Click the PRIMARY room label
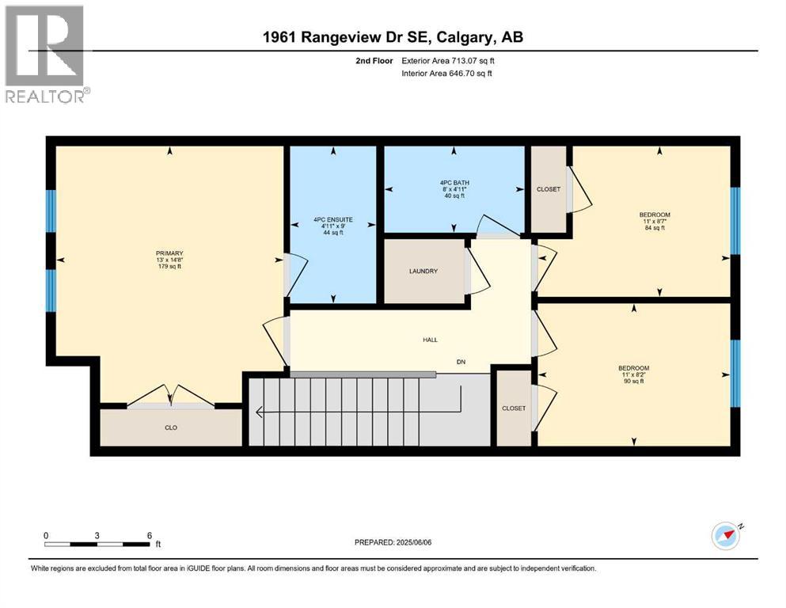click(x=169, y=260)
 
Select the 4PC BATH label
click(x=454, y=189)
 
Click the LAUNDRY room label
click(x=423, y=272)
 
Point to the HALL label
click(x=430, y=340)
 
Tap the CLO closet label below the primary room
click(x=169, y=427)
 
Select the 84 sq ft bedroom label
click(x=655, y=221)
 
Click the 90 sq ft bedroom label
click(x=633, y=374)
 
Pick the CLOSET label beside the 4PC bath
click(x=548, y=189)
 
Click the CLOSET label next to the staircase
click(x=513, y=408)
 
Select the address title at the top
click(x=393, y=37)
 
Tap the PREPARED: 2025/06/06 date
click(x=398, y=542)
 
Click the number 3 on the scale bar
click(x=97, y=535)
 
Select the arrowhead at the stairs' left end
click(x=258, y=411)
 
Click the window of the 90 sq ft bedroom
click(x=735, y=372)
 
